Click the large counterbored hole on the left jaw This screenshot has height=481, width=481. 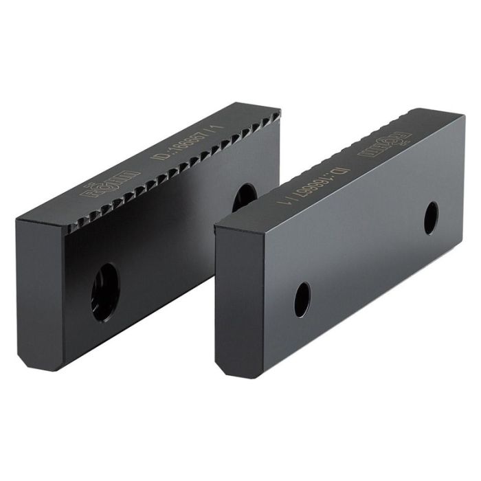pos(105,292)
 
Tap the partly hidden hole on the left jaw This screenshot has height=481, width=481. pos(244,197)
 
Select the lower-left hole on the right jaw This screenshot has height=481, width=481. pos(302,299)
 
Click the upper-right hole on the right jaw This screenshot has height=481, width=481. pos(431,218)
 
